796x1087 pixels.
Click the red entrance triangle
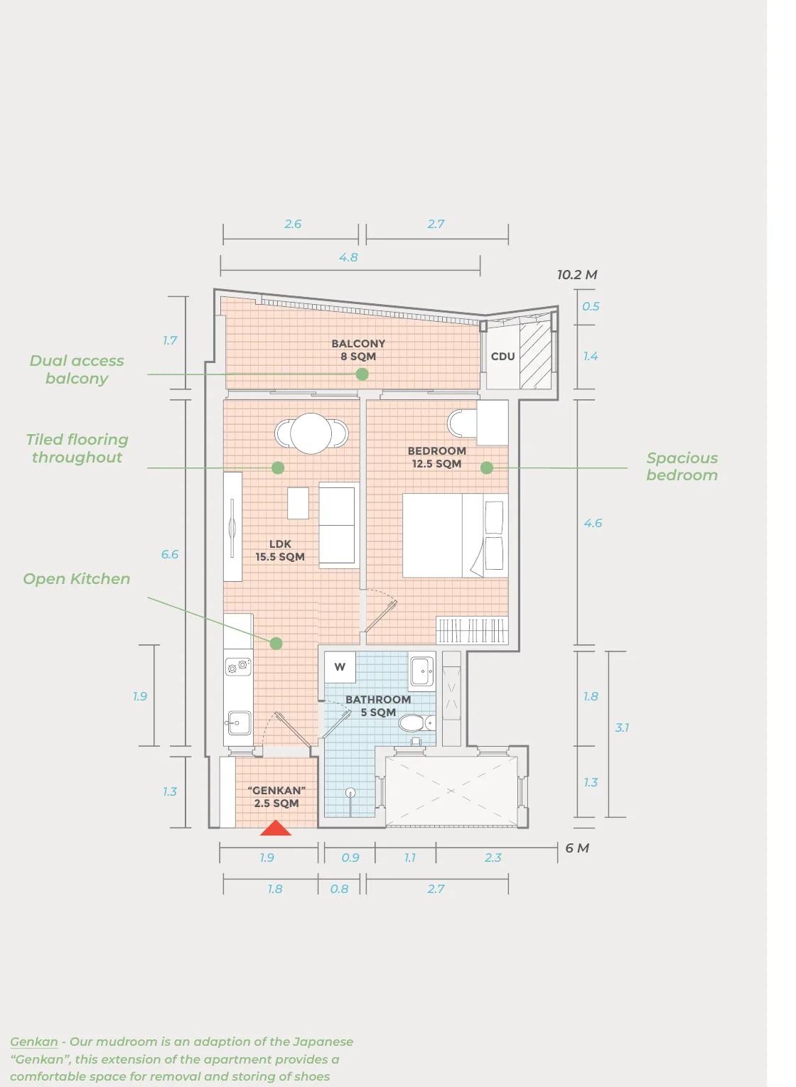(x=276, y=829)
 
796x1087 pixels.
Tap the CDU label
(x=503, y=357)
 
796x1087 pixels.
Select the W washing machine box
(x=340, y=667)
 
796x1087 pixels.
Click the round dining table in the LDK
(x=311, y=433)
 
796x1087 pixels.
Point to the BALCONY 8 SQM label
(x=358, y=350)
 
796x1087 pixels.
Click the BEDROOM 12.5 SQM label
(x=437, y=457)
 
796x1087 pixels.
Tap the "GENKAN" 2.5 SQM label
(x=276, y=797)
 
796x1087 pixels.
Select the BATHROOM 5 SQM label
(x=378, y=706)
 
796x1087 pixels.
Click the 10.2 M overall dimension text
(x=577, y=275)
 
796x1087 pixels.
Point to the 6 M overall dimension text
(x=577, y=848)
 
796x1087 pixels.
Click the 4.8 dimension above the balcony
(x=348, y=257)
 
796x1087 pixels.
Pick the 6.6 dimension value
(x=170, y=554)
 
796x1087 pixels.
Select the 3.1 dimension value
(x=622, y=728)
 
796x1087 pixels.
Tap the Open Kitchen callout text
(x=77, y=579)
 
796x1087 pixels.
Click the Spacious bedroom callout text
(x=682, y=466)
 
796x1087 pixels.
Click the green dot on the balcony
(x=362, y=374)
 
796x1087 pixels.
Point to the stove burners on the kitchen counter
(x=238, y=666)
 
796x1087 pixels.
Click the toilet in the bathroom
(x=416, y=723)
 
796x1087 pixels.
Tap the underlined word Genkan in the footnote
(x=34, y=1042)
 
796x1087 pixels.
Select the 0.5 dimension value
(x=591, y=307)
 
